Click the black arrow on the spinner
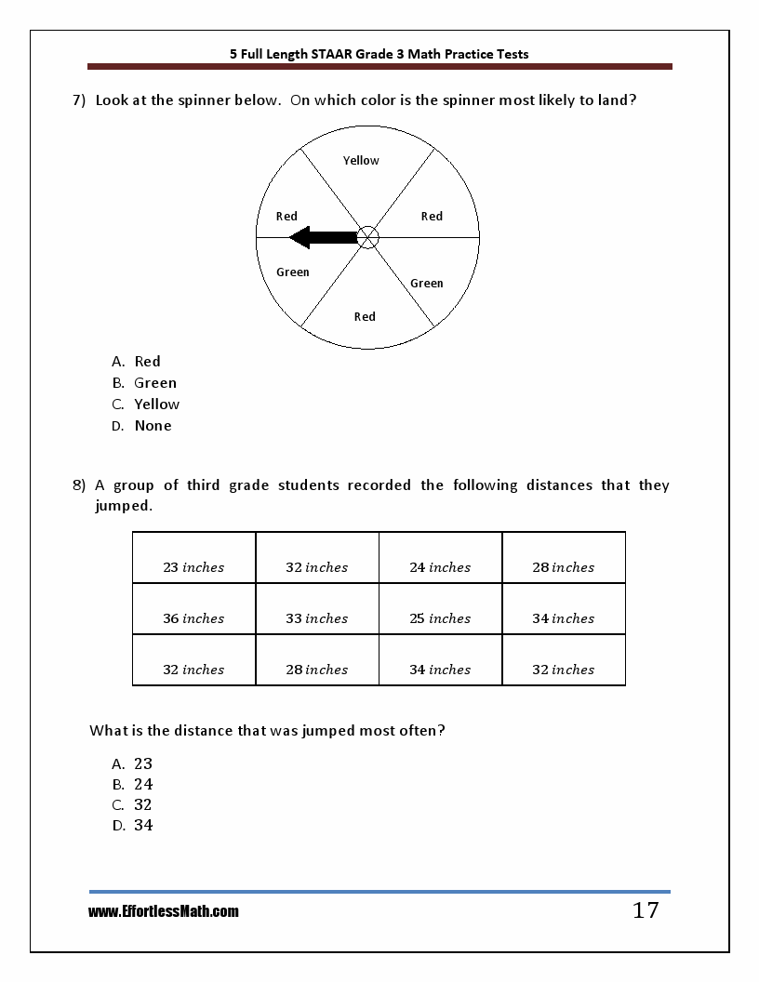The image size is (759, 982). (x=321, y=238)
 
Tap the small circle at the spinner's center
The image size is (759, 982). (x=368, y=238)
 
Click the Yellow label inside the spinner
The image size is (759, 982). (x=361, y=161)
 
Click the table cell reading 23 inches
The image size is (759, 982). (x=193, y=567)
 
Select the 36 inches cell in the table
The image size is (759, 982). (x=193, y=618)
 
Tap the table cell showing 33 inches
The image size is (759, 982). (x=316, y=618)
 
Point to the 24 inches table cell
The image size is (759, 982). (x=440, y=567)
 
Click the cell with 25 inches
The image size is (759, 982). (x=440, y=618)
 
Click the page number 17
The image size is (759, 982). (x=646, y=911)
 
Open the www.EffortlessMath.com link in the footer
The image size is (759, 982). (x=164, y=912)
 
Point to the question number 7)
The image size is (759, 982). (x=79, y=100)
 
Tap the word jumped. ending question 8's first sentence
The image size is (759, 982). (x=123, y=506)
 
